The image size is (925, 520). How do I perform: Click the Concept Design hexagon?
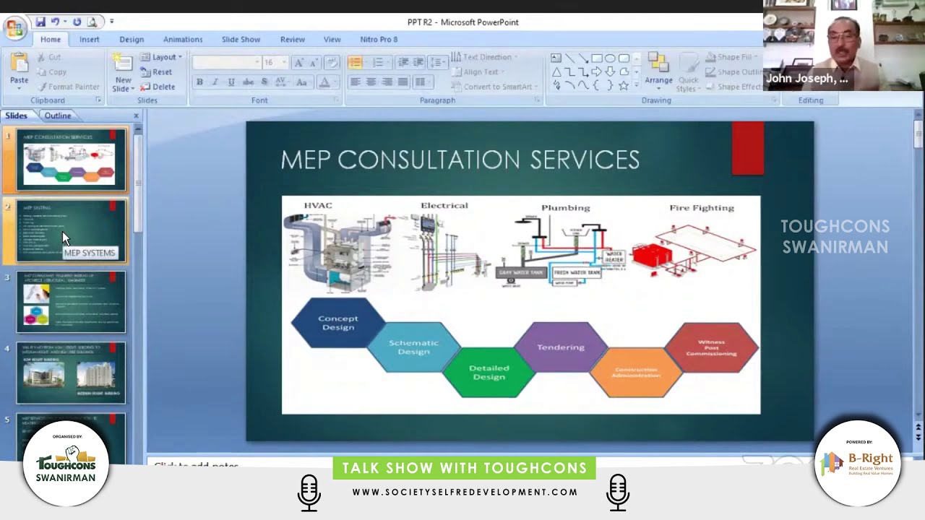337,323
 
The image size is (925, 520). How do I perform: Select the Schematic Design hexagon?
413,347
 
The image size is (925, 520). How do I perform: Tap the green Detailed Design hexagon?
489,372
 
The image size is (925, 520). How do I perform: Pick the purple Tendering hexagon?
561,347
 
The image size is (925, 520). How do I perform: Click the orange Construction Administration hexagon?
636,372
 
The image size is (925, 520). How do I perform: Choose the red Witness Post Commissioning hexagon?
711,347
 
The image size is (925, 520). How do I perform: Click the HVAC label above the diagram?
318,206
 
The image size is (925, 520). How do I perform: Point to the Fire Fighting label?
701,208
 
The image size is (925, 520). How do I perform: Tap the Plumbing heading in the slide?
565,208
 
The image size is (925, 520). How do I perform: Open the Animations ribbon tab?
182,40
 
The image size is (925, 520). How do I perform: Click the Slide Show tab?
241,40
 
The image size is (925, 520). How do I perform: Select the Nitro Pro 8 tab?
379,40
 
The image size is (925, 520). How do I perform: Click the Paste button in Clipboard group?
19,71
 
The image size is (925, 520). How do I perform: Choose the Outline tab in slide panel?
58,116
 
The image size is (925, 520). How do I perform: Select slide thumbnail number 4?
71,373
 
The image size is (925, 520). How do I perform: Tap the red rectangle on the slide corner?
747,148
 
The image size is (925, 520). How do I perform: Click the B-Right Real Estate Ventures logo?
858,463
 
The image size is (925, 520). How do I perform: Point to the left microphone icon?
309,493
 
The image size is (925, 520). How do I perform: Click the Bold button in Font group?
199,82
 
